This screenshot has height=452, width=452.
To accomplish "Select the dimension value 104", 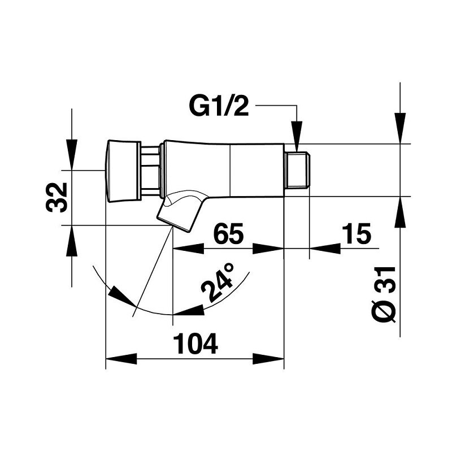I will coord(194,344).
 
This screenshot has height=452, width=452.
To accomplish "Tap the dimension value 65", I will coord(228,233).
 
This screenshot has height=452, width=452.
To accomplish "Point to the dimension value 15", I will coord(355,233).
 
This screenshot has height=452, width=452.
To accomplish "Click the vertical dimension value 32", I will coord(56,197).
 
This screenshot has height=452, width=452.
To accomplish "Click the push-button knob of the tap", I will coord(121,169).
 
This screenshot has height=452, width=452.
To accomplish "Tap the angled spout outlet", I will coord(180,210).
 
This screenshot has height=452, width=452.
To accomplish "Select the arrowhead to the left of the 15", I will coord(325,249).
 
